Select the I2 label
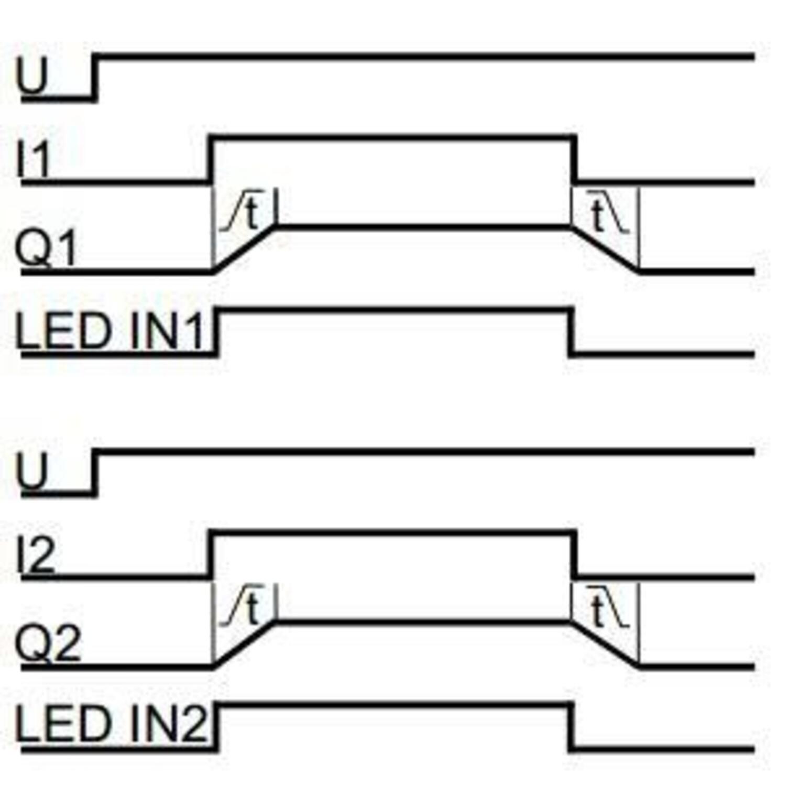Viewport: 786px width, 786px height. tap(36, 555)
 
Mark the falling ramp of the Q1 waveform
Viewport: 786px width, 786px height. tap(605, 249)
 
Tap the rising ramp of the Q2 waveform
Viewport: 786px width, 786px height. tap(245, 645)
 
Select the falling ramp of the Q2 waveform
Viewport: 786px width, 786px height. tap(605, 645)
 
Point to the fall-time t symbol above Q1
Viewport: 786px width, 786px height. tap(598, 216)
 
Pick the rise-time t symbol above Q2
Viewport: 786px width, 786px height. tap(252, 609)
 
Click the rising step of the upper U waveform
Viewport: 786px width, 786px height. tap(95, 77)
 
